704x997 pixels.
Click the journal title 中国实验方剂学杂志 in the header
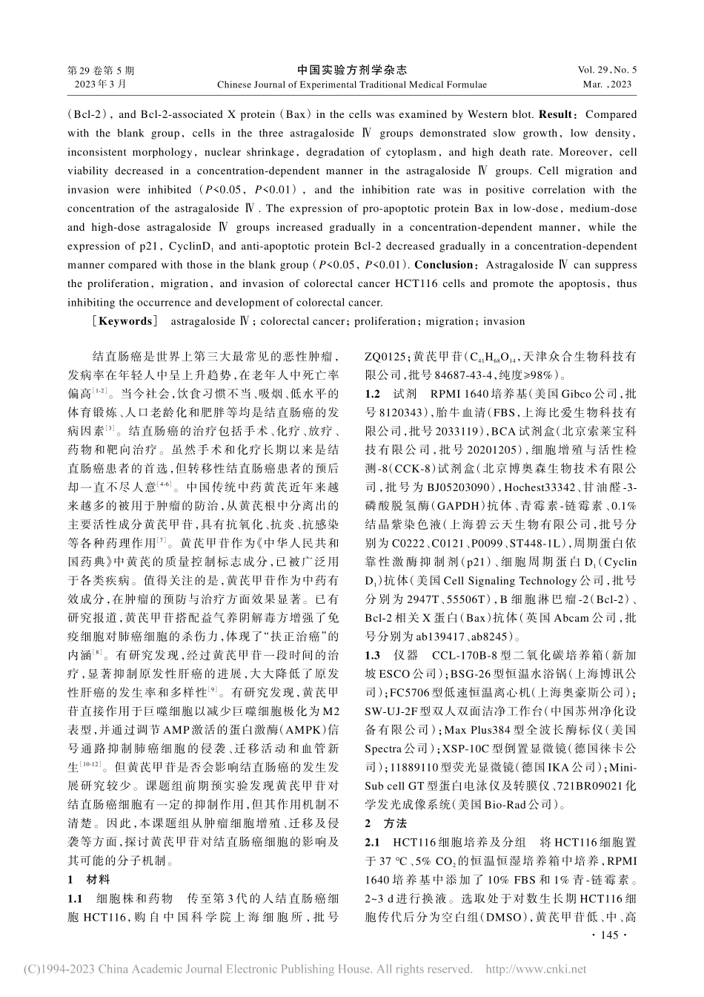click(x=352, y=70)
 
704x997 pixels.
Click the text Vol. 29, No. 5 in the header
click(x=606, y=70)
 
